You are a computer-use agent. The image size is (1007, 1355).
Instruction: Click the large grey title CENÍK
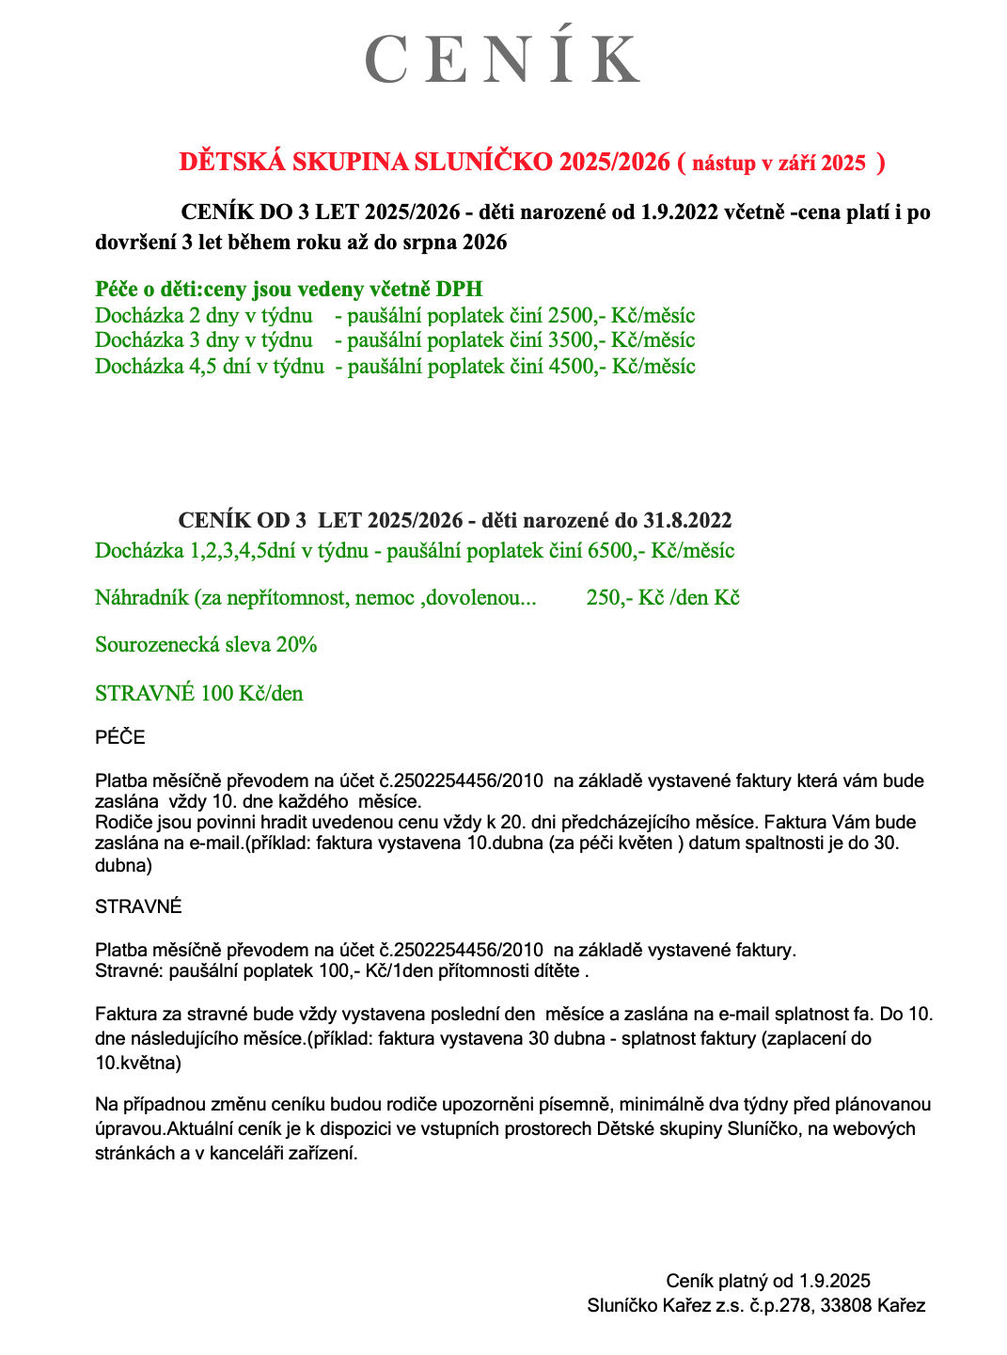pyautogui.click(x=502, y=58)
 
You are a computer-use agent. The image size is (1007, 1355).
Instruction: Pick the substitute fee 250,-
pyautogui.click(x=608, y=598)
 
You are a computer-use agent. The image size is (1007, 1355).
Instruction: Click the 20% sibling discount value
pyautogui.click(x=296, y=645)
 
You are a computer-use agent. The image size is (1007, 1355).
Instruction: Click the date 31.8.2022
pyautogui.click(x=687, y=521)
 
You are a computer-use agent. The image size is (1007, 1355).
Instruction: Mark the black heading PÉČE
pyautogui.click(x=120, y=738)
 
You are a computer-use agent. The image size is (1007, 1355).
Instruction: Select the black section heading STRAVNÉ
pyautogui.click(x=138, y=907)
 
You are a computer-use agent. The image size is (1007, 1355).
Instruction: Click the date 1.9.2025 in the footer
pyautogui.click(x=835, y=1281)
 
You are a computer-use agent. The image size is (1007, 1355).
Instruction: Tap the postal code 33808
pyautogui.click(x=845, y=1306)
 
